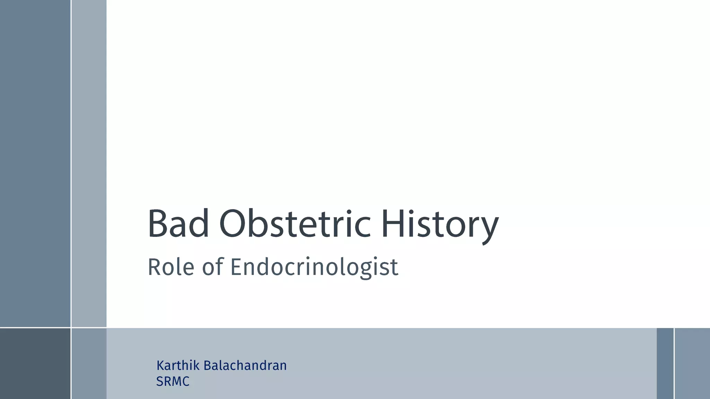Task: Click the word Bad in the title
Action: pyautogui.click(x=178, y=224)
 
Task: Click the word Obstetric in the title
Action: pyautogui.click(x=295, y=224)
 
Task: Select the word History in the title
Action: pyautogui.click(x=440, y=225)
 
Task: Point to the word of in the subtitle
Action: pyautogui.click(x=213, y=267)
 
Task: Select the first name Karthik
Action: pyautogui.click(x=178, y=365)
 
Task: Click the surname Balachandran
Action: pyautogui.click(x=245, y=365)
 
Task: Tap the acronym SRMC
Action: pyautogui.click(x=173, y=381)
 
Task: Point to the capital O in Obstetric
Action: pyautogui.click(x=233, y=224)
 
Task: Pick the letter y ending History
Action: pyautogui.click(x=488, y=229)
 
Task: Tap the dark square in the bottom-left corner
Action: pyautogui.click(x=35, y=363)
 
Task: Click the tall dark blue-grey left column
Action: pyautogui.click(x=35, y=163)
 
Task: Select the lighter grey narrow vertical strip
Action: pyautogui.click(x=89, y=163)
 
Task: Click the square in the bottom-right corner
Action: pyautogui.click(x=692, y=363)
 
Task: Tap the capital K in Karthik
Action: pyautogui.click(x=161, y=365)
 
